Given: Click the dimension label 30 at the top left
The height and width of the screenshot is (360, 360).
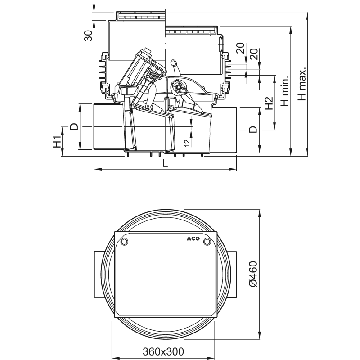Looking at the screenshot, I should pyautogui.click(x=89, y=35).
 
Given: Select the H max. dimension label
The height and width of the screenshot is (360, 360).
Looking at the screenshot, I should pyautogui.click(x=302, y=84).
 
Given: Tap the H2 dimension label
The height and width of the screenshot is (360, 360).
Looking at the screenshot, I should pyautogui.click(x=268, y=104).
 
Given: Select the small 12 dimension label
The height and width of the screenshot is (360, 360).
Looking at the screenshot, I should pyautogui.click(x=187, y=142).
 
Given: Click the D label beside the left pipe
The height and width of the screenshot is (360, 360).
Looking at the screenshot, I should pyautogui.click(x=74, y=126).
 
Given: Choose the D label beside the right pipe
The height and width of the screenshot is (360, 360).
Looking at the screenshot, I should pyautogui.click(x=254, y=130).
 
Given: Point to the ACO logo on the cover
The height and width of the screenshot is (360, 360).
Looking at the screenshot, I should pyautogui.click(x=191, y=239).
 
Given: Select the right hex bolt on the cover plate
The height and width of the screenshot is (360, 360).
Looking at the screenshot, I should pyautogui.click(x=207, y=243).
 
